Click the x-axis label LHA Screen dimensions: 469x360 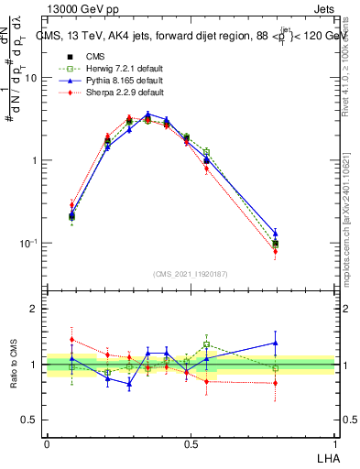pos(327,457)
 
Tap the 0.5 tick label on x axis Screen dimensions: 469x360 pos(190,442)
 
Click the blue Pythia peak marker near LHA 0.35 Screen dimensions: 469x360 pos(147,115)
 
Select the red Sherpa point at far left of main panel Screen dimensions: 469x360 pos(71,205)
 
